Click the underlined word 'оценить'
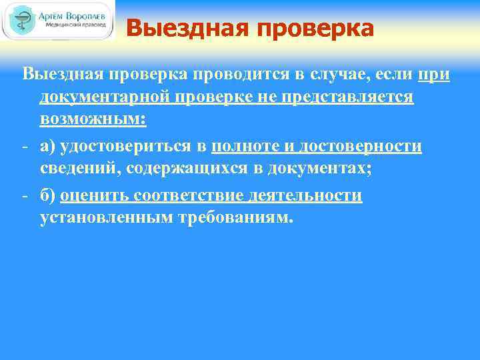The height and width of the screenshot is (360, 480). (93, 196)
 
